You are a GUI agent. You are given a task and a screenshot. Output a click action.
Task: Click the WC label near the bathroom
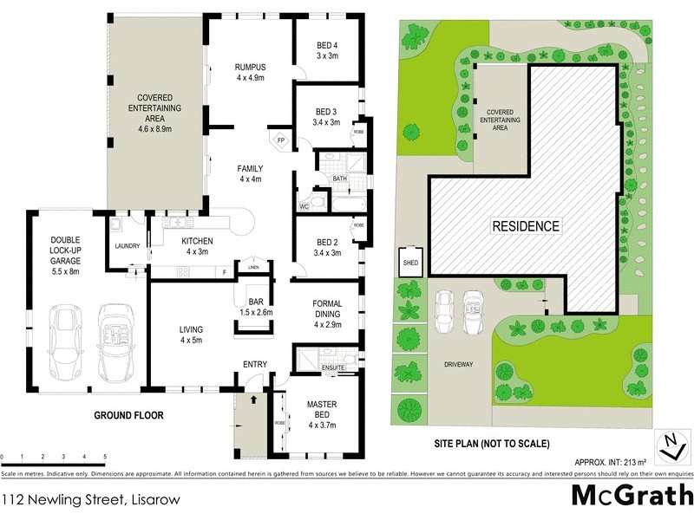coord(304,206)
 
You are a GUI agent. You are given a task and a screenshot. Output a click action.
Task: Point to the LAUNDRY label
coord(128,246)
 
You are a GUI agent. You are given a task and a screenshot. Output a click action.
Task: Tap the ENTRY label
coord(254,364)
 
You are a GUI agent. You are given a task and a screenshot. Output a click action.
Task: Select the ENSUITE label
coord(334,368)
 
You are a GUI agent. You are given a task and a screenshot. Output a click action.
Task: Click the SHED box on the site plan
coord(409,259)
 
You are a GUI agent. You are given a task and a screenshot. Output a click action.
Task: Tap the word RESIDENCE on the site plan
coord(526,226)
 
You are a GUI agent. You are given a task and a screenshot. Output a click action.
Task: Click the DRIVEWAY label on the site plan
coord(457,364)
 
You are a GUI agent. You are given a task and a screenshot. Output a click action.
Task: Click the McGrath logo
coord(632,496)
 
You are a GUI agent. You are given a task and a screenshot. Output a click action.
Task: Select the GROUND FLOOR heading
coord(128,415)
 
